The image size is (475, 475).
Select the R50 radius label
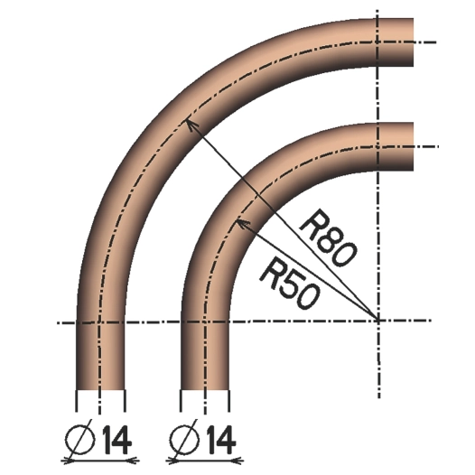click(x=287, y=272)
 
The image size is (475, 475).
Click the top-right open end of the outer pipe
click(x=412, y=42)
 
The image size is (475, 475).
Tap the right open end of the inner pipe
click(x=412, y=145)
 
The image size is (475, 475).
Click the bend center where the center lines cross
click(x=377, y=320)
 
